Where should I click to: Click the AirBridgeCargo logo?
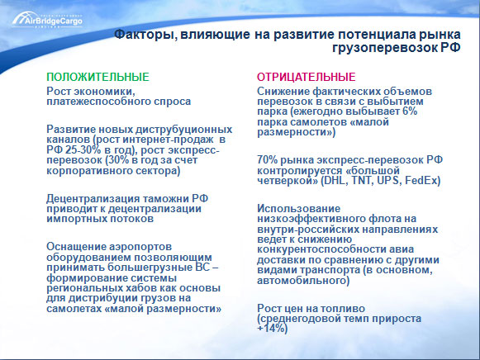tap(47, 20)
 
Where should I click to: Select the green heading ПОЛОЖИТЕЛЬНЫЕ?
tap(98, 77)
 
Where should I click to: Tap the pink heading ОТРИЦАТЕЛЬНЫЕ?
tap(307, 77)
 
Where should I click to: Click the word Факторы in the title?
tap(145, 35)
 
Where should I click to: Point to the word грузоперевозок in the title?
tap(384, 48)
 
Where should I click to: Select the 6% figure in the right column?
tap(410, 111)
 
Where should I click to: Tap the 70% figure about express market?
tap(267, 159)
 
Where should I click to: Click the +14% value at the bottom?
tap(271, 329)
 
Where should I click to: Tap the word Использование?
tap(299, 209)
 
